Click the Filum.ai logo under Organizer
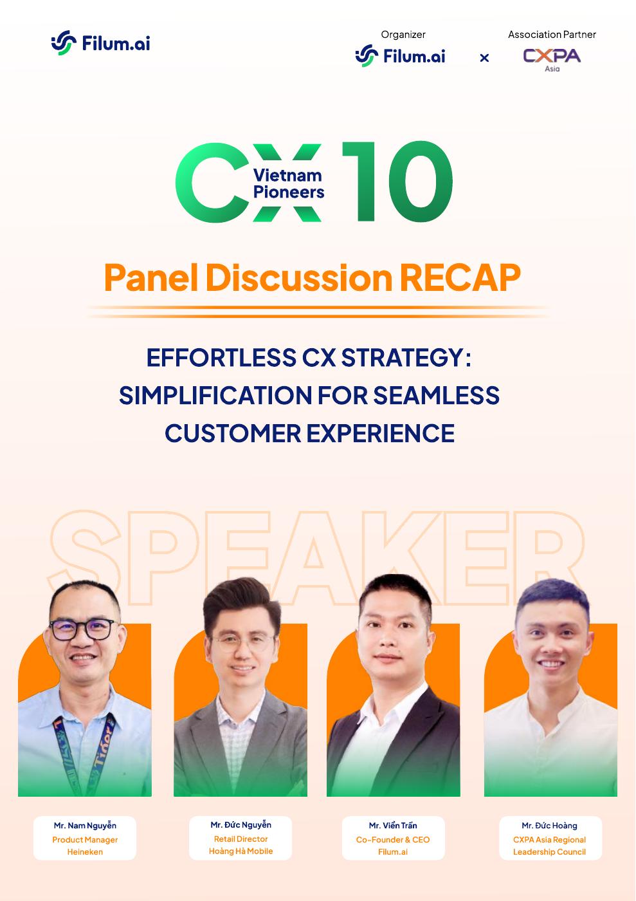pos(400,56)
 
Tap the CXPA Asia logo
pos(552,59)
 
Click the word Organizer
pos(403,35)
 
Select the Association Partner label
pos(552,35)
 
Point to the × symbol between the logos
pos(484,58)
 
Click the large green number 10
pos(397,181)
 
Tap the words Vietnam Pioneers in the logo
pos(288,183)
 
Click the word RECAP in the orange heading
pos(460,277)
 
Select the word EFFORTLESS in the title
pos(221,357)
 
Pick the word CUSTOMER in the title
pos(233,433)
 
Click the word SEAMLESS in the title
pos(436,395)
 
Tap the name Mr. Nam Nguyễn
pos(85,826)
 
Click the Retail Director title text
pos(241,839)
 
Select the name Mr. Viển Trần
pos(393,825)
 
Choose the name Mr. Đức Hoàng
pos(549,825)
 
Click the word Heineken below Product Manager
pos(85,852)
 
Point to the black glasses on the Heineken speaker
pos(82,630)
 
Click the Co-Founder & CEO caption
pos(393,839)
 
